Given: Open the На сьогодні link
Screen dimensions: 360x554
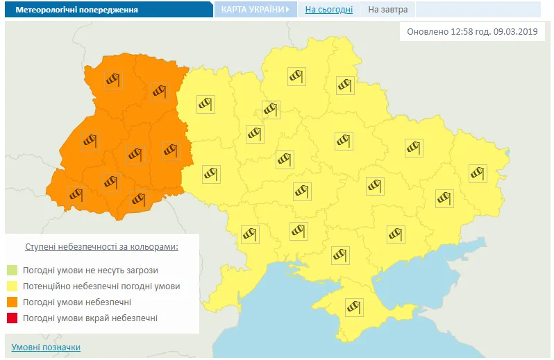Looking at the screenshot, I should tap(328, 10).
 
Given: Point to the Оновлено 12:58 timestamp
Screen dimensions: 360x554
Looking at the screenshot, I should tap(471, 32).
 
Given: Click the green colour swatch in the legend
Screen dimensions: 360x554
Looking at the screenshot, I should tap(12, 270).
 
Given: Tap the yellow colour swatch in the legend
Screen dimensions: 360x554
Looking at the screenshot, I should tap(12, 286).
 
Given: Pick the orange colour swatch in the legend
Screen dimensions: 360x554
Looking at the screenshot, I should tap(12, 302).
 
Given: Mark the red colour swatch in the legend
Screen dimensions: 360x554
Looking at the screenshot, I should tap(12, 318).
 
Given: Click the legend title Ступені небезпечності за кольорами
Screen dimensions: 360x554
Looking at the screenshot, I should tap(101, 246).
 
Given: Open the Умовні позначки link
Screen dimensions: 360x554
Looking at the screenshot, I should tap(46, 347).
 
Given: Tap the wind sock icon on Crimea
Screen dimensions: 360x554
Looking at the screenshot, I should tap(355, 306).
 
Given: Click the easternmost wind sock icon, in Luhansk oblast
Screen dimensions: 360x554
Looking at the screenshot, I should tap(478, 172).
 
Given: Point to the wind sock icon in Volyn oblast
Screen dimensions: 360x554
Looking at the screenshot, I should tap(113, 80).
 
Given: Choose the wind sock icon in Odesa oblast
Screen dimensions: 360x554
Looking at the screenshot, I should tap(249, 234).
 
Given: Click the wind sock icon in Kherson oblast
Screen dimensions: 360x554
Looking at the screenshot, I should tap(340, 255).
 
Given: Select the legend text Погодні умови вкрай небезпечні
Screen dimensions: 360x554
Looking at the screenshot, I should tap(90, 318).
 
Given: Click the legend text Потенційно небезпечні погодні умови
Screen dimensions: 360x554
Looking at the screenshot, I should tap(101, 286).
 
